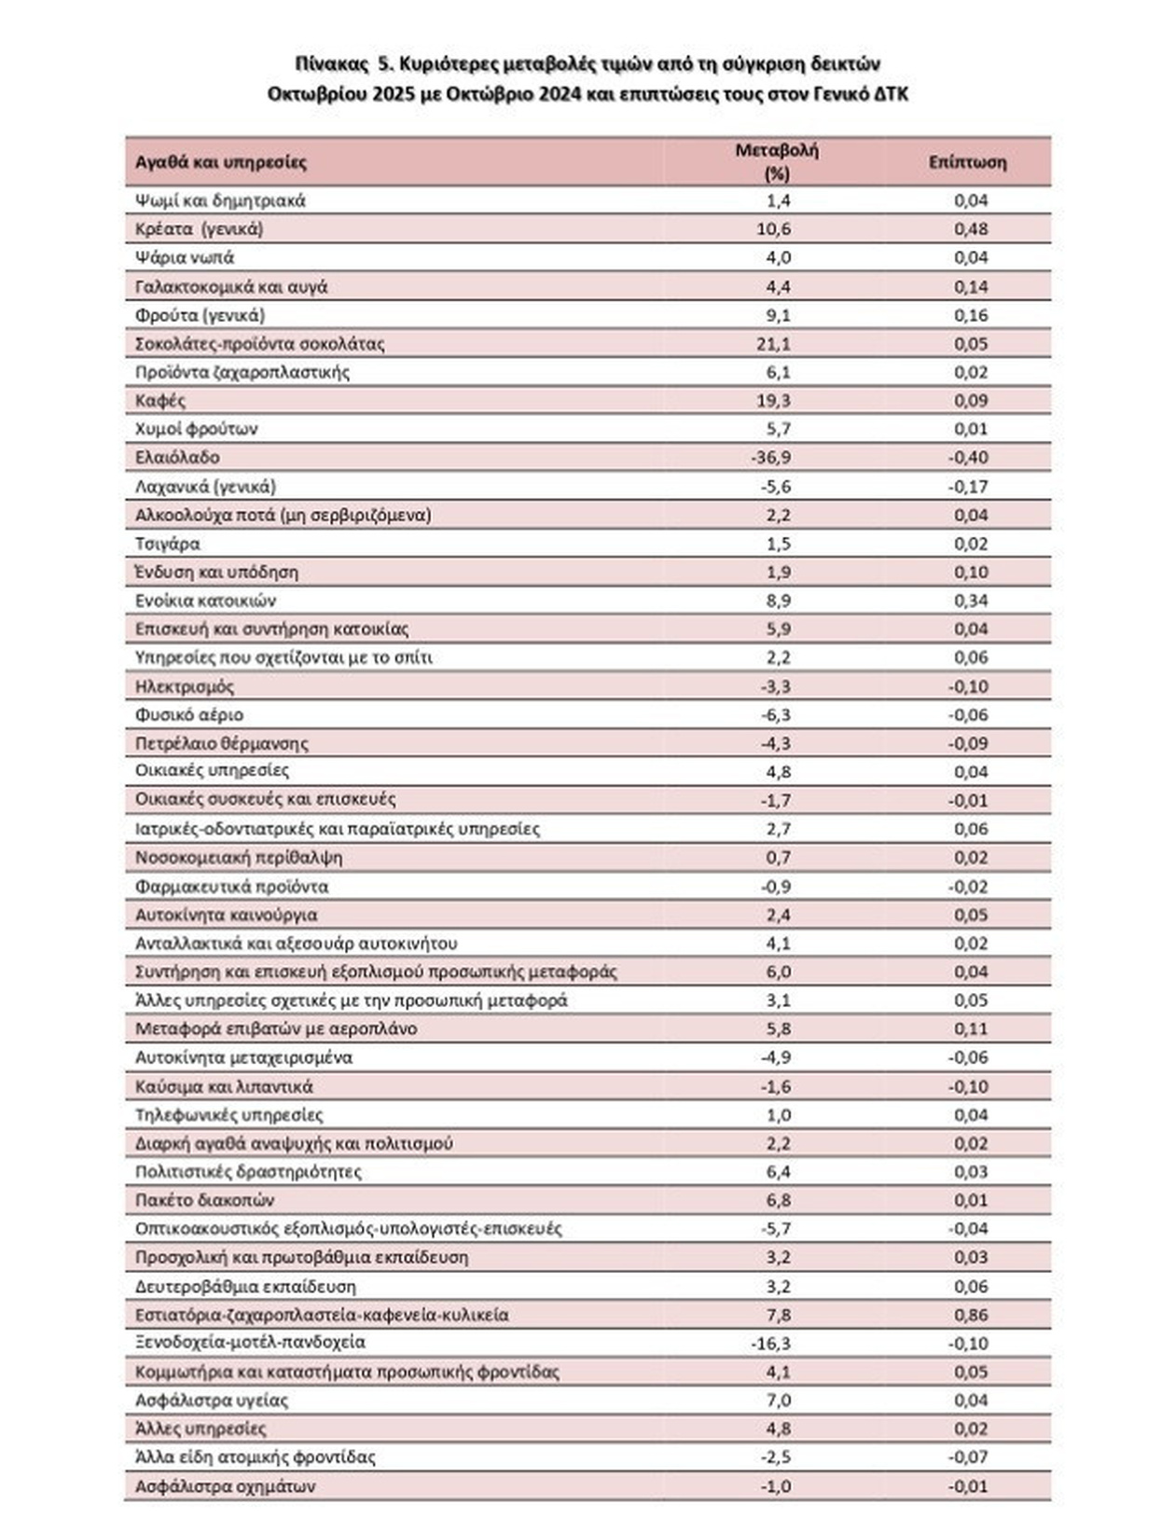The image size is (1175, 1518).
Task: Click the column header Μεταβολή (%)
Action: point(776,161)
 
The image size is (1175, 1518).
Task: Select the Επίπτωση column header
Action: point(967,162)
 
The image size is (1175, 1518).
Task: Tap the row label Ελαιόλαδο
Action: point(177,457)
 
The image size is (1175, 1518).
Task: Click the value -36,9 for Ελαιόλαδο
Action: point(771,457)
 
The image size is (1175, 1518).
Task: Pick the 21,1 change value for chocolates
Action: point(774,343)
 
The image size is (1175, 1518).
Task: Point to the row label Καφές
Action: point(160,400)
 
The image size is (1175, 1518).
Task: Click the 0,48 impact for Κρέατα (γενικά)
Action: point(971,228)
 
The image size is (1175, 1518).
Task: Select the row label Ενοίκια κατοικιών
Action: point(205,600)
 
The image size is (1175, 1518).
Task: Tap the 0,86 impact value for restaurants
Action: point(971,1314)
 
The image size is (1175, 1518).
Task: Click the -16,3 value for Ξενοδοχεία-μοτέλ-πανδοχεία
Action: point(771,1343)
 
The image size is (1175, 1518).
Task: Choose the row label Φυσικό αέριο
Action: point(189,714)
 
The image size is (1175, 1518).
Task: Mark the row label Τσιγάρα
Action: point(168,543)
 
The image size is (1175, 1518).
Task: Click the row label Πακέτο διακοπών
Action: point(205,1199)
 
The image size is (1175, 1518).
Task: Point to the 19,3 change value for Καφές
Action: point(774,400)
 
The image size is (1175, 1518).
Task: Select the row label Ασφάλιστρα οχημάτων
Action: point(226,1485)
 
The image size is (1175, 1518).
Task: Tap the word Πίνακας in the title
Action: point(332,63)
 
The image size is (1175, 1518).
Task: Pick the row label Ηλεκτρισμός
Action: point(185,686)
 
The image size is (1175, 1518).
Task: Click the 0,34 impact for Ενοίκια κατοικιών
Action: point(971,600)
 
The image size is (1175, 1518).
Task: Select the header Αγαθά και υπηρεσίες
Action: point(221,162)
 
